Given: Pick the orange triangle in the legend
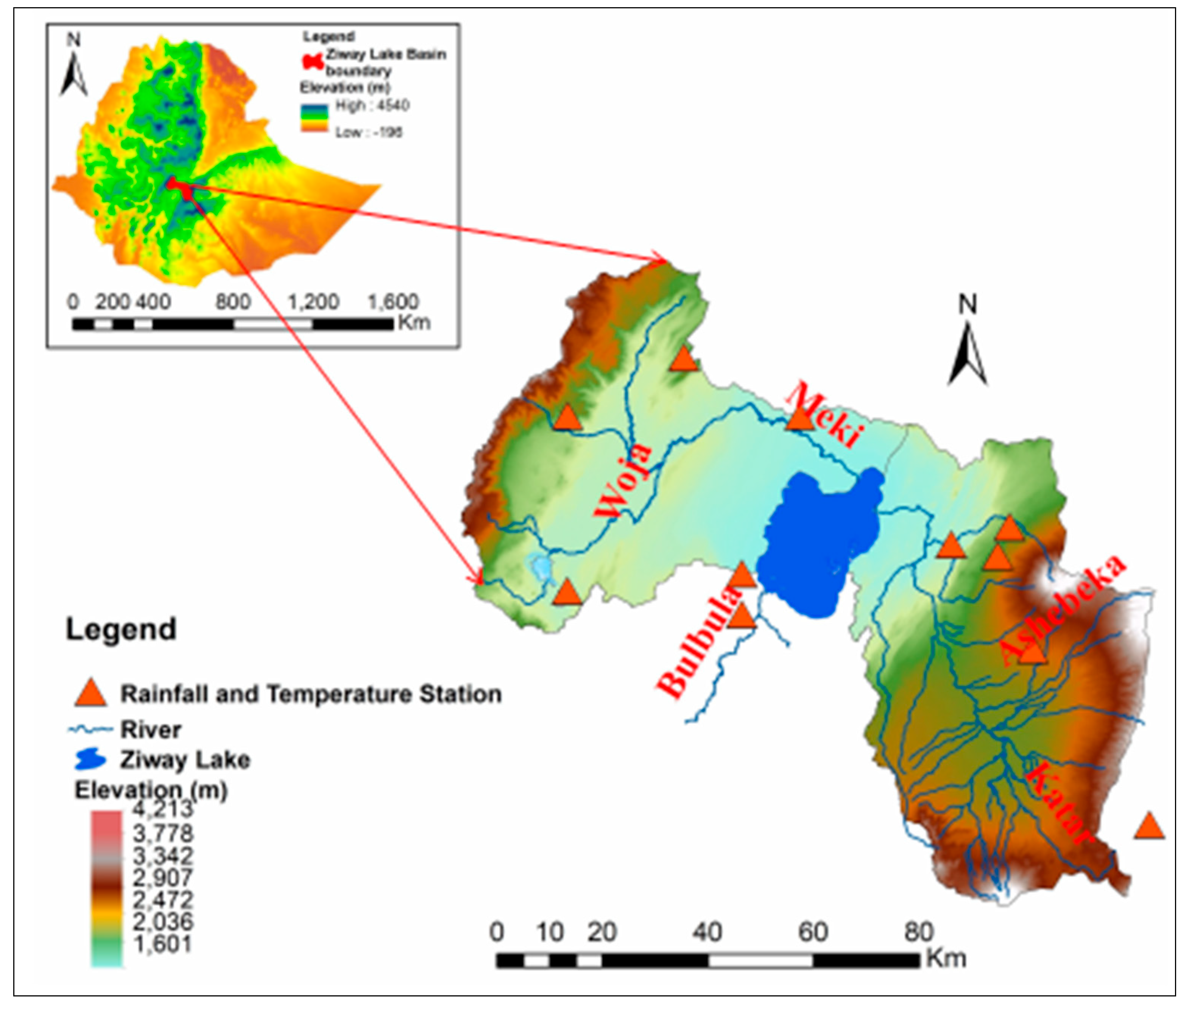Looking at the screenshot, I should pos(91,693).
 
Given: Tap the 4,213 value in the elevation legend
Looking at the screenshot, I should pos(163,808).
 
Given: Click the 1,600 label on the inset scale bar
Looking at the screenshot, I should pos(393,302).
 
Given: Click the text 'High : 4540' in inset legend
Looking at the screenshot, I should pos(372,106).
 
